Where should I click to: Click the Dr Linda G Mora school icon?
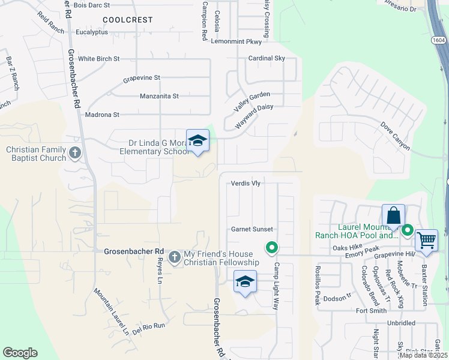pos(197,141)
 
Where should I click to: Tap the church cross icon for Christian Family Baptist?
pos(74,153)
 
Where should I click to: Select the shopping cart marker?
pos(426,240)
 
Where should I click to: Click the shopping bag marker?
pos(393,215)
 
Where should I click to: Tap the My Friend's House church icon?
pos(175,257)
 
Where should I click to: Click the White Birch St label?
pos(99,59)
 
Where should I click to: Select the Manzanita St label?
pos(159,96)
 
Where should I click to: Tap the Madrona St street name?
pos(103,115)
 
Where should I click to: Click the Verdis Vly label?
pos(246,183)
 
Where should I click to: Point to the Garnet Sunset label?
pos(252,229)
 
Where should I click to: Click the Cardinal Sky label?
pos(267,58)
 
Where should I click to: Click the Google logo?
pos(20,353)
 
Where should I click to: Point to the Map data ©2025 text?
pos(423,355)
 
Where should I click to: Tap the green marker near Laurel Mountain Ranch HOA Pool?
pos(408,230)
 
